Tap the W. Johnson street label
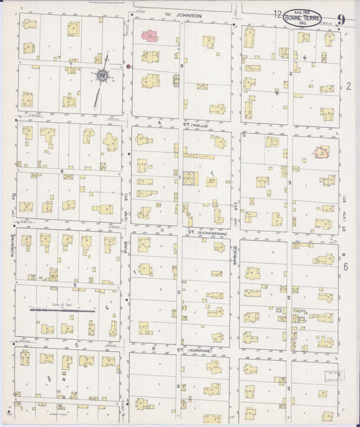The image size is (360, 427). pos(182,12)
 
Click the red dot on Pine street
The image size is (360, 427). pos(128,67)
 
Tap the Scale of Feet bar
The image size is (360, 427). pos(59,310)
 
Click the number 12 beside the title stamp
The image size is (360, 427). pos(278,14)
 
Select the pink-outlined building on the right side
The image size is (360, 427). pos(322,153)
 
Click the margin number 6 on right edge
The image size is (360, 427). pos(345,268)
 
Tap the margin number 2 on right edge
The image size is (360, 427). pos(349,86)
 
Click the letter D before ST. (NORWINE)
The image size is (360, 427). pos(155,348)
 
